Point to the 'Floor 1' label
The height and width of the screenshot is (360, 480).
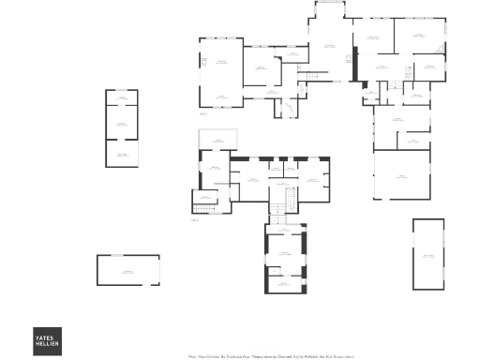tap(202, 114)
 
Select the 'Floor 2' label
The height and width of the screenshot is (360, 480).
tap(195, 221)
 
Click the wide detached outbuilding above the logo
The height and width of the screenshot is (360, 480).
tap(127, 270)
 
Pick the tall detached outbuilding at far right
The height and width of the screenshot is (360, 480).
tap(427, 255)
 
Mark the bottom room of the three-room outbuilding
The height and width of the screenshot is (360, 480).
tap(121, 153)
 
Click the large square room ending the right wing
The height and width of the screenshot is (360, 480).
tap(401, 175)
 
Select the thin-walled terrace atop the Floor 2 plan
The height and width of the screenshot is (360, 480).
tap(217, 140)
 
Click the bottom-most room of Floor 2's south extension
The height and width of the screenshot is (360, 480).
tap(285, 281)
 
